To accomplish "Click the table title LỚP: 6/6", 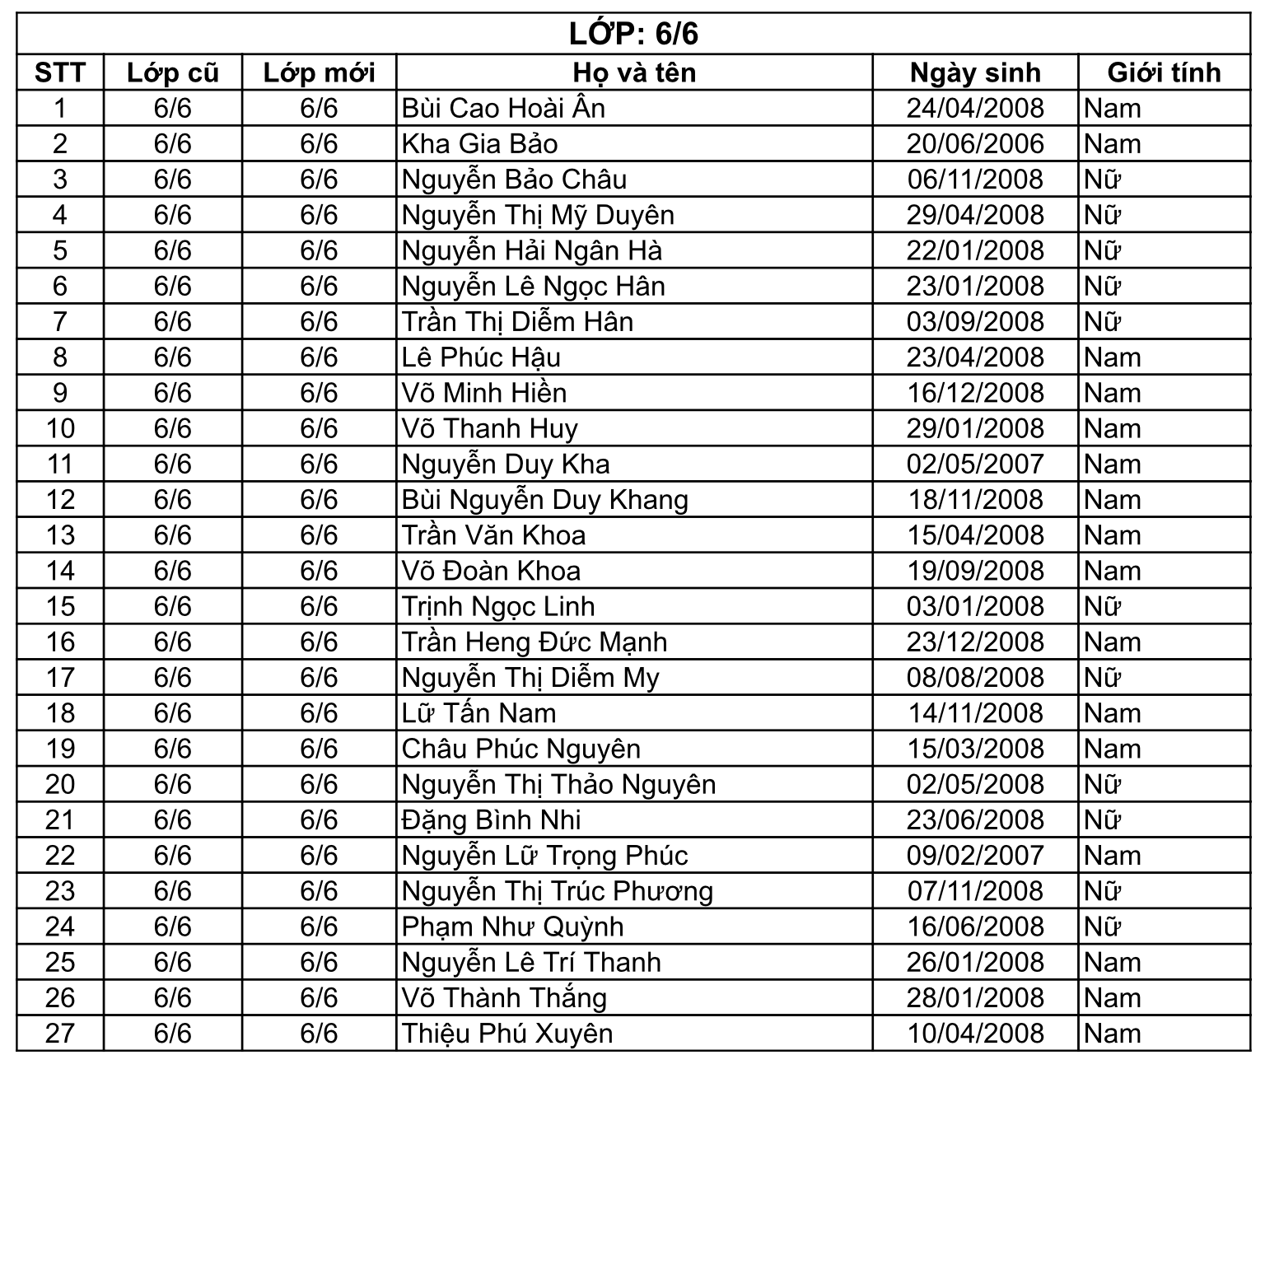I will [632, 35].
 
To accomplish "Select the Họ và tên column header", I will [634, 72].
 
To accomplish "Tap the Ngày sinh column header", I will [975, 72].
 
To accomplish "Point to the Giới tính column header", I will [1164, 72].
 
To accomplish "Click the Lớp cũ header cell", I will [173, 72].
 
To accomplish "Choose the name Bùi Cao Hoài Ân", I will [503, 108].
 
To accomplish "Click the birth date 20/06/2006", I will [975, 144].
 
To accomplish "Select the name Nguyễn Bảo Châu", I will [514, 180].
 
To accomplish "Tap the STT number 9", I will [60, 393].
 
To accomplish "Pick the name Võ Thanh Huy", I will [490, 428].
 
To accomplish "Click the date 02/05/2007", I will [975, 464].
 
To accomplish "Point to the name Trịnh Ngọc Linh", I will [498, 606].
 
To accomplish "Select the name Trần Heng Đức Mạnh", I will [534, 642].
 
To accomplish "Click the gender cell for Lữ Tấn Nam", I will [1113, 713].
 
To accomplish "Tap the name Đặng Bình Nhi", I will [491, 820].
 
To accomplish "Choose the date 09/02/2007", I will [975, 856].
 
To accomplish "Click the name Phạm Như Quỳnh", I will [512, 927].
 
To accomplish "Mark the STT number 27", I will [60, 1034].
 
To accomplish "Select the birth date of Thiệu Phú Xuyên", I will [975, 1034].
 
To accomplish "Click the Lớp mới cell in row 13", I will [319, 535].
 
